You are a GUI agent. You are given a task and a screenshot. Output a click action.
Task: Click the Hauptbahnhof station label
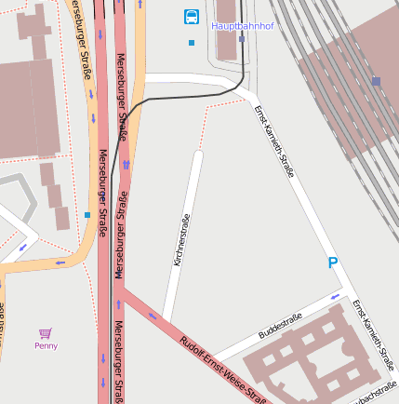point(243,26)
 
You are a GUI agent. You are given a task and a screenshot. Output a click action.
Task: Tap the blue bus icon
point(191,16)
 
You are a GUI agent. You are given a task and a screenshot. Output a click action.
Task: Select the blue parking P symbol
point(333,263)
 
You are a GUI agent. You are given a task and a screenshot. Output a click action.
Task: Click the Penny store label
point(46,345)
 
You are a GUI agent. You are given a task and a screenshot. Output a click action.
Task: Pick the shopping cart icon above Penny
point(46,332)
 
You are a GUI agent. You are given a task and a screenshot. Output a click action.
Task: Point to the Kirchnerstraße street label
point(182,240)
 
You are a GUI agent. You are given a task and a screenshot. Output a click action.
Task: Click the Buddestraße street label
point(281,325)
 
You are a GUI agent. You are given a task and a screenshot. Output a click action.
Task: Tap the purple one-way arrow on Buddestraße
point(336,298)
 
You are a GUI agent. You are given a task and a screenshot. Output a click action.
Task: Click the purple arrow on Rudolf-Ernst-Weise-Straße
point(152,316)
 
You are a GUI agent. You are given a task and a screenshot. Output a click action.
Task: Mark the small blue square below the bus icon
point(192,43)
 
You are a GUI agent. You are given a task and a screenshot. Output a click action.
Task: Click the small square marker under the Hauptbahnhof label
point(242,39)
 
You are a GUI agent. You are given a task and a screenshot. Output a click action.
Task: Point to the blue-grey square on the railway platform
point(376,82)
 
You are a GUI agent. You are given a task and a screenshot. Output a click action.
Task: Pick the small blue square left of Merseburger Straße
point(87,215)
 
